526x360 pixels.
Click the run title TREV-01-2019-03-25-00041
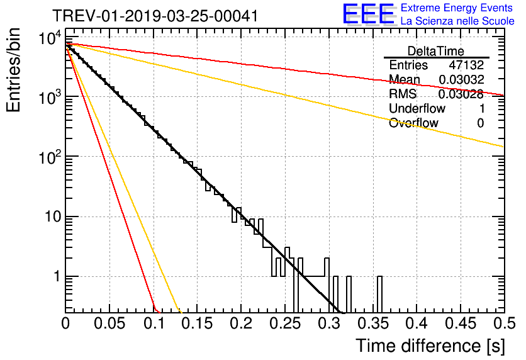(x=155, y=16)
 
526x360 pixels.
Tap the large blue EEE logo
(x=368, y=14)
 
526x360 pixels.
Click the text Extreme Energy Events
(x=457, y=8)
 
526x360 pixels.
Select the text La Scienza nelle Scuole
(x=457, y=21)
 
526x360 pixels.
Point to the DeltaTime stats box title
(x=435, y=51)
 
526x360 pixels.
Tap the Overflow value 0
(x=480, y=123)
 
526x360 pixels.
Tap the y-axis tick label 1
(x=55, y=277)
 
